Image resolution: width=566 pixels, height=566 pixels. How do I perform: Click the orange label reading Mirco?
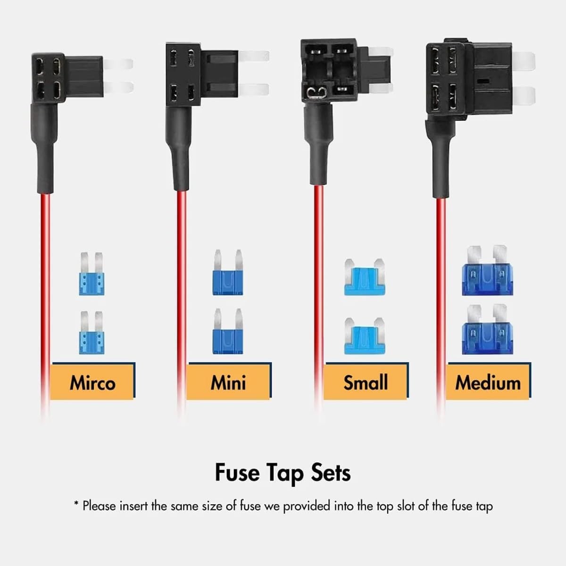tap(92, 382)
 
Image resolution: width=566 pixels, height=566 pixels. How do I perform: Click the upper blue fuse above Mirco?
tap(92, 275)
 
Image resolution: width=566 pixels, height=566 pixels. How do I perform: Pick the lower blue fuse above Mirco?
tap(92, 333)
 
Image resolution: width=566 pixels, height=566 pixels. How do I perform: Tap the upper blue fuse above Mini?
tap(228, 274)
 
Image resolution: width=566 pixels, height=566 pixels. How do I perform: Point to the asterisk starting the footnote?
tap(76, 505)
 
